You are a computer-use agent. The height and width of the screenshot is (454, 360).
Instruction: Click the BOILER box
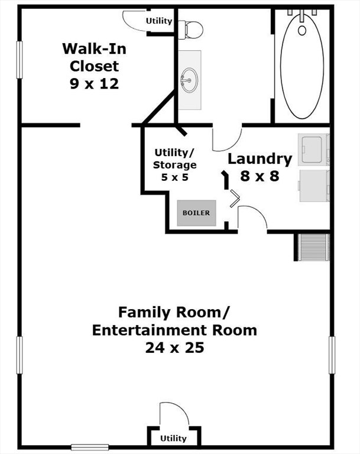[x=197, y=213]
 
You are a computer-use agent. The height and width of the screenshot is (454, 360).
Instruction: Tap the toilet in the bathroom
[x=190, y=30]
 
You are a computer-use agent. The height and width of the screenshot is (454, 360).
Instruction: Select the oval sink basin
[x=190, y=80]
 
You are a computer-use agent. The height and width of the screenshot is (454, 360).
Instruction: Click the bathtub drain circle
[x=302, y=30]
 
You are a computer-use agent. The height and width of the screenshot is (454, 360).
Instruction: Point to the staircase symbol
[x=314, y=247]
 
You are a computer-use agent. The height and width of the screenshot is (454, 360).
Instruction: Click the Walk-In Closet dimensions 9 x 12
[x=95, y=84]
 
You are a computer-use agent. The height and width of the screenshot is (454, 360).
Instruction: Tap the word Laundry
[x=260, y=160]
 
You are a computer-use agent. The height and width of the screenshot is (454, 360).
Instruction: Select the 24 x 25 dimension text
[x=174, y=348]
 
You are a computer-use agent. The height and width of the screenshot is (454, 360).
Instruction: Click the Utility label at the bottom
[x=173, y=439]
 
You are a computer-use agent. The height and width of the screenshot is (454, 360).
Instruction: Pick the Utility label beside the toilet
[x=159, y=21]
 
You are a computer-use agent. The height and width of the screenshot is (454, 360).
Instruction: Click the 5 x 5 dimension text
[x=174, y=177]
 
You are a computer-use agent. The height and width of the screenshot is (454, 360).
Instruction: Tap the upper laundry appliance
[x=314, y=150]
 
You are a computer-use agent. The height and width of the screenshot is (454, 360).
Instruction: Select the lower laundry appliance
[x=314, y=186]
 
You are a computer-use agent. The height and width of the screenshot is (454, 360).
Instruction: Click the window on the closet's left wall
[x=20, y=60]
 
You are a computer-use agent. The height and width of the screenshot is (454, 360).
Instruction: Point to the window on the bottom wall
[x=90, y=447]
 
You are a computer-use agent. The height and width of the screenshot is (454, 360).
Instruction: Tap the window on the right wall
[x=332, y=355]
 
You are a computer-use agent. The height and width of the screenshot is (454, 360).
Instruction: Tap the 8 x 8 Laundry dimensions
[x=260, y=176]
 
